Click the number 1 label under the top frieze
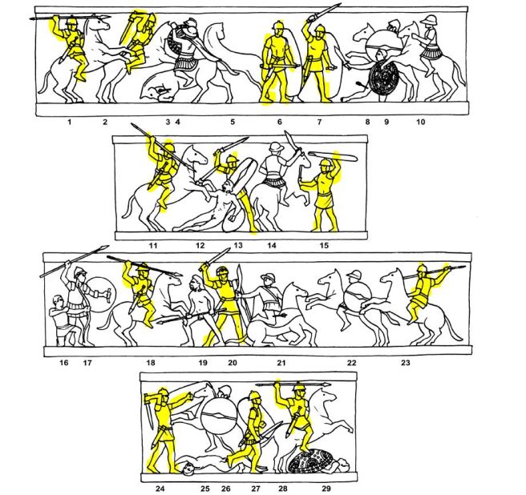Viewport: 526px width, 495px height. click(x=70, y=122)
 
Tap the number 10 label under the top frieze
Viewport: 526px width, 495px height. click(x=421, y=122)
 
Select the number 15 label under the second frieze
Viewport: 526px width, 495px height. click(x=324, y=245)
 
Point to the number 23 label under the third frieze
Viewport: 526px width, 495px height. click(x=406, y=362)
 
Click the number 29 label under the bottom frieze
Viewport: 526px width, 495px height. click(x=326, y=489)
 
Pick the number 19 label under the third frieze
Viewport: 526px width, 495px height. click(x=203, y=362)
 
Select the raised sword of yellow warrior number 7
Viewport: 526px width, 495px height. click(x=325, y=14)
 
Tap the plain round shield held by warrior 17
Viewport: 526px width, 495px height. click(x=100, y=295)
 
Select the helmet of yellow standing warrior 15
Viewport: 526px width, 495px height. click(x=326, y=164)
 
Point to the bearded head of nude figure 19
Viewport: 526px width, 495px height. click(x=193, y=285)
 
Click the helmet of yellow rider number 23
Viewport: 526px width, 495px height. click(x=421, y=269)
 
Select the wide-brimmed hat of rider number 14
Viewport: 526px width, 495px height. click(x=277, y=147)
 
